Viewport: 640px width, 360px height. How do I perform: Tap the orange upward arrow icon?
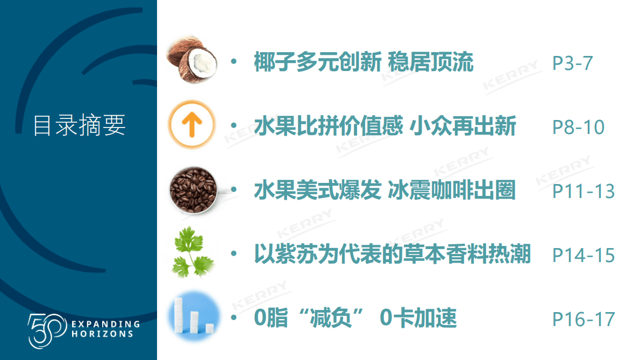pos(191,127)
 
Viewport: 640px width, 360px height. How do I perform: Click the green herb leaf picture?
pos(192,254)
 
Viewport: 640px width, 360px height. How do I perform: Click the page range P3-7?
pos(572,63)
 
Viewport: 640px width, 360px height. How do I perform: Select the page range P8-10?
pos(578,128)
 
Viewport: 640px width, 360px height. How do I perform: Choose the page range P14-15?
pos(584,255)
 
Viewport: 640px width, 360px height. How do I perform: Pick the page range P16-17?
pos(584,319)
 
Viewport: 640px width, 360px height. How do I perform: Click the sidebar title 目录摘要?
pos(79,125)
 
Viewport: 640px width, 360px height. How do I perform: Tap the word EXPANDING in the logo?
pos(105,324)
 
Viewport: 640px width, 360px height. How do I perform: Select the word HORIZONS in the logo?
pos(102,334)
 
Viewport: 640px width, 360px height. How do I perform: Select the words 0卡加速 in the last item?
pos(418,319)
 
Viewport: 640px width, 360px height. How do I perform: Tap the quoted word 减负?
pos(331,319)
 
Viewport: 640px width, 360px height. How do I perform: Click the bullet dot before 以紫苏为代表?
pos(233,254)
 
